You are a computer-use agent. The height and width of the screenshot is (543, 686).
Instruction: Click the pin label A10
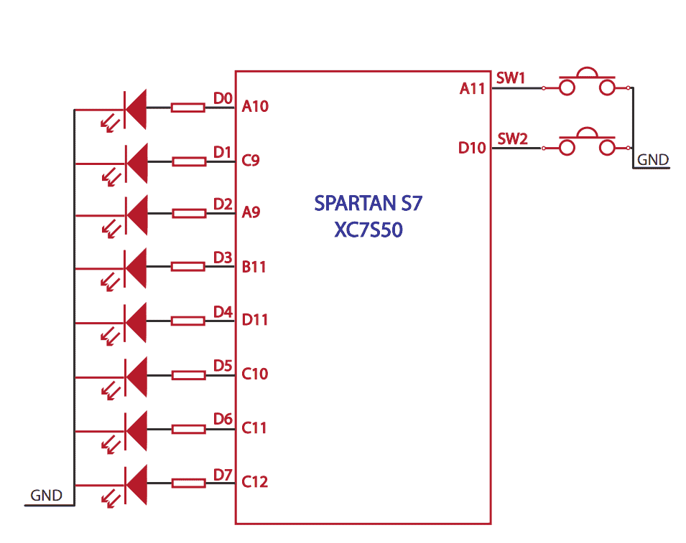tap(255, 107)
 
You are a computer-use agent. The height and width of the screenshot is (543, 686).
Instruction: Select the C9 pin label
tap(251, 161)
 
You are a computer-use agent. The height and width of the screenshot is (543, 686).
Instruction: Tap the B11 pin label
tap(254, 267)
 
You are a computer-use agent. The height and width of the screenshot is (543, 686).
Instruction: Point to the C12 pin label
tap(255, 482)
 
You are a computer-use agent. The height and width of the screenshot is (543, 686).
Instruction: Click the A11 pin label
tap(473, 88)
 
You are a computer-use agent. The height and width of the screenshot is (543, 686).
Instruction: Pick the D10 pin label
tap(473, 148)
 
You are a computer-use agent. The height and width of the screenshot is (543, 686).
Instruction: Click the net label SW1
tap(511, 78)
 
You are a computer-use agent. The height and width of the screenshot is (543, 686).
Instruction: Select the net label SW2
tap(512, 138)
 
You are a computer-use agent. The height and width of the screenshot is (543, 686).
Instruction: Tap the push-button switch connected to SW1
tap(588, 82)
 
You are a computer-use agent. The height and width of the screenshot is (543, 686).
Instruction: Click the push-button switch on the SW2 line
tap(588, 143)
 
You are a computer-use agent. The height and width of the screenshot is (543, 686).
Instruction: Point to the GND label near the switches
tap(652, 160)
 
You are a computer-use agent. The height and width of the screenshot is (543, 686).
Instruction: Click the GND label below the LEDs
tap(46, 496)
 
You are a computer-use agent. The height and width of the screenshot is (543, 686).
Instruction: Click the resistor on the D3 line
tap(188, 267)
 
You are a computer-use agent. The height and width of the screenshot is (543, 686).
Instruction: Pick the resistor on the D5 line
tap(188, 375)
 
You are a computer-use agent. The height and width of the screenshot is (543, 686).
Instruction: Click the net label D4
tap(223, 312)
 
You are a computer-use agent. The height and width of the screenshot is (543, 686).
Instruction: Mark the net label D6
tap(223, 419)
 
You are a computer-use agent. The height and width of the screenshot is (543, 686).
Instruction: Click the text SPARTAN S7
tap(369, 203)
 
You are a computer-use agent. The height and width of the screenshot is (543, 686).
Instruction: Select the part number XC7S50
tap(369, 230)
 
